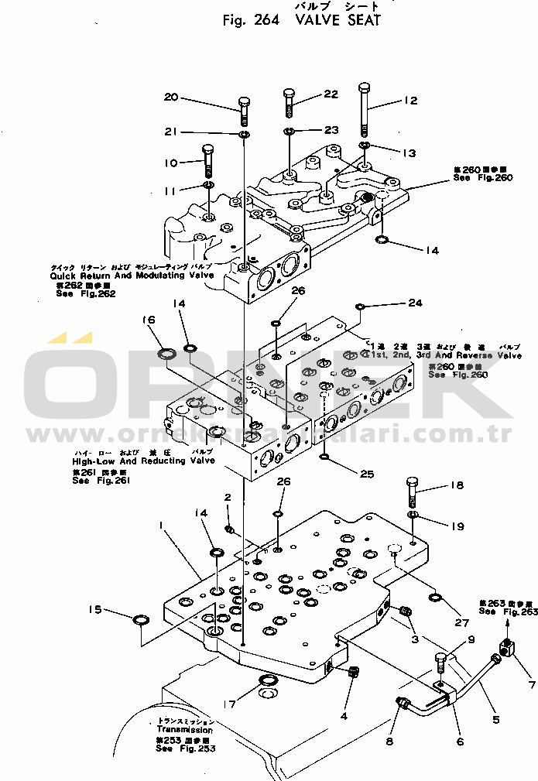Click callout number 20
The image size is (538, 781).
click(171, 98)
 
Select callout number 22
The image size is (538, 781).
click(331, 94)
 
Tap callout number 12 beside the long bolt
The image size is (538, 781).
click(409, 101)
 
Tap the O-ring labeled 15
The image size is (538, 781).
click(142, 620)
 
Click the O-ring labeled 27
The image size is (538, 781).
click(435, 598)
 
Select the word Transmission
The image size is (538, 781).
click(184, 729)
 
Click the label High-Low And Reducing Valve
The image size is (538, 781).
click(132, 461)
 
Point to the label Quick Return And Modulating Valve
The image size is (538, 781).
click(132, 276)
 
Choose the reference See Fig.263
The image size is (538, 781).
click(507, 611)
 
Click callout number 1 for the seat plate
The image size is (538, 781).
click(160, 526)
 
